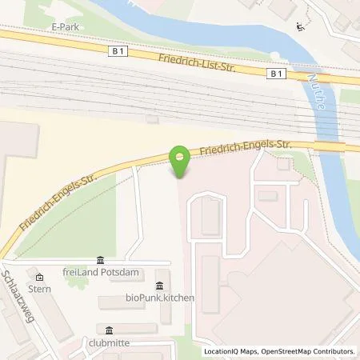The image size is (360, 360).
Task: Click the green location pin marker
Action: tap(180, 162)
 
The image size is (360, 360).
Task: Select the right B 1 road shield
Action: tap(277, 74)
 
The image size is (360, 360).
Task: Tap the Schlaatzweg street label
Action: tap(18, 296)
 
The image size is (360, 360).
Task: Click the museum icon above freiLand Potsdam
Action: tap(100, 259)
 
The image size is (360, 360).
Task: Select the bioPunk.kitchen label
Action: tap(160, 298)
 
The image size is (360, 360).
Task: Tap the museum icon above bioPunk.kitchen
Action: tap(160, 286)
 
